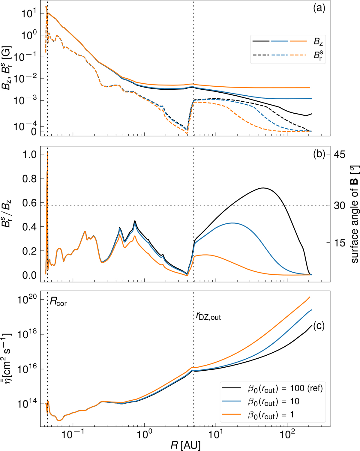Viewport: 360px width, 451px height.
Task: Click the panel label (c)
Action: tap(319, 326)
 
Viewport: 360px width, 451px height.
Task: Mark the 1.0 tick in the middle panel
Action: tap(30, 154)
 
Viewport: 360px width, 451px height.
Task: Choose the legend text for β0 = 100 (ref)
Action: tap(285, 389)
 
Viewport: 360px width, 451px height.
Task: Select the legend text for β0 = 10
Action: tap(274, 402)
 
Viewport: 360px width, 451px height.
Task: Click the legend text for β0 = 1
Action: tap(271, 415)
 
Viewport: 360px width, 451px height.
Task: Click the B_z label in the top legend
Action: tap(318, 41)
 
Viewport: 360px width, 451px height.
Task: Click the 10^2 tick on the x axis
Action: tap(287, 434)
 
